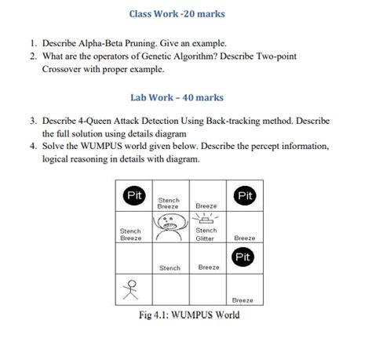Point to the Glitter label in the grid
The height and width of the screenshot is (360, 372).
point(206,238)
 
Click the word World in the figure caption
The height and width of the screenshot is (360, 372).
point(223,315)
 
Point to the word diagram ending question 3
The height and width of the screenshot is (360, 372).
point(196,134)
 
